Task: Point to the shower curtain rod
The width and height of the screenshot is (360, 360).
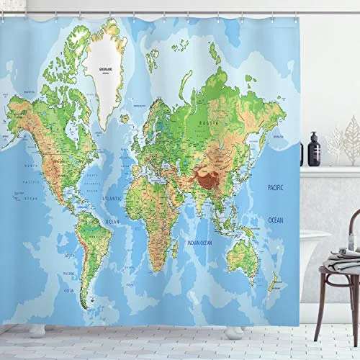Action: [x=180, y=12]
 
